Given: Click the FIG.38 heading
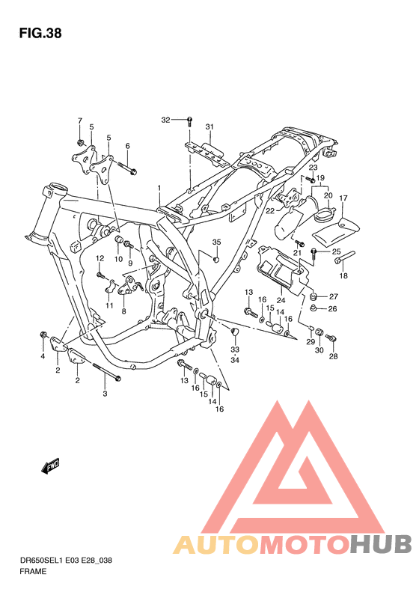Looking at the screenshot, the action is [x=40, y=34].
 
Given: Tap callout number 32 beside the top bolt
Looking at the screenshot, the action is [x=165, y=120].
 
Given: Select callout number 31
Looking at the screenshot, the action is [x=209, y=127].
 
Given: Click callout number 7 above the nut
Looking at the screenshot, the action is [x=79, y=120].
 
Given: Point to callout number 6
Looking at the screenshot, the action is [x=128, y=146].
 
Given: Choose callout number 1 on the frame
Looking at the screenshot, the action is [x=159, y=188].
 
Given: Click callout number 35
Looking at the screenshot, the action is [x=216, y=242].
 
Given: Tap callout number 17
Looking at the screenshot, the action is [x=343, y=198].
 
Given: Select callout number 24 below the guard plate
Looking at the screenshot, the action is [x=281, y=301].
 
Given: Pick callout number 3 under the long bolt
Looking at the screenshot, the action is [x=105, y=394].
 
